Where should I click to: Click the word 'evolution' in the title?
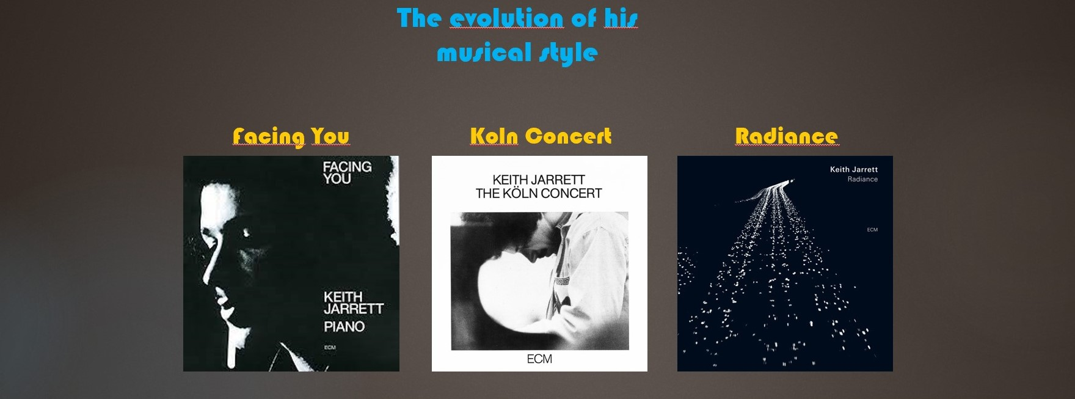[506, 18]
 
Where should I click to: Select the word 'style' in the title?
[568, 54]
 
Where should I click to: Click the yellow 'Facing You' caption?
[291, 136]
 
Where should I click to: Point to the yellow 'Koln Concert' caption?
[541, 136]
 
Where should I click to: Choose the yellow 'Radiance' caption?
[786, 136]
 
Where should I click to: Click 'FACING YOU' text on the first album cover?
[347, 172]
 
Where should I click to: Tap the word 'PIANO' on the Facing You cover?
[344, 327]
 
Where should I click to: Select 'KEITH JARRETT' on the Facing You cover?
[353, 302]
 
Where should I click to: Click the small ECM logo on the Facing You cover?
[330, 348]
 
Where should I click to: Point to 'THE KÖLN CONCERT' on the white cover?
[539, 194]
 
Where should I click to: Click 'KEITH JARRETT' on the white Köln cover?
[539, 180]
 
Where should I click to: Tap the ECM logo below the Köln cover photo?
[539, 359]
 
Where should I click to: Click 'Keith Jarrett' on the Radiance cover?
[854, 169]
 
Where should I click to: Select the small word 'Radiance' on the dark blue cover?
[862, 179]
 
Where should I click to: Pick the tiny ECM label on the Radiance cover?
[872, 230]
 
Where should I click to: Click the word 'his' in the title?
[621, 18]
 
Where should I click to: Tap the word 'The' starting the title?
[419, 18]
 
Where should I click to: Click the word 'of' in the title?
[584, 18]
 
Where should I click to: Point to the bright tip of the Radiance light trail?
[792, 180]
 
